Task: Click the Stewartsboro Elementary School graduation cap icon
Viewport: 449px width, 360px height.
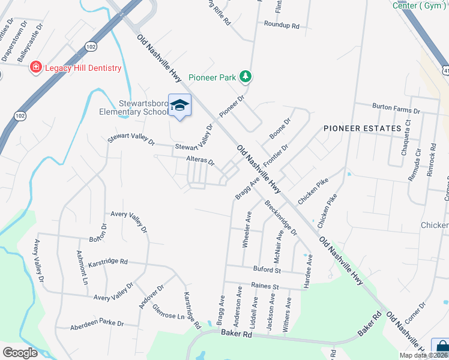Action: [x=179, y=106]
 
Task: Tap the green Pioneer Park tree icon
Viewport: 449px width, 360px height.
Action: [x=245, y=77]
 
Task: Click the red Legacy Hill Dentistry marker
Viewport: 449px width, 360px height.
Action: [x=36, y=67]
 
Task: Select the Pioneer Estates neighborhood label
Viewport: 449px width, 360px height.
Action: [x=362, y=128]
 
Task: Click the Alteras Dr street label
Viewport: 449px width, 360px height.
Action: [x=200, y=161]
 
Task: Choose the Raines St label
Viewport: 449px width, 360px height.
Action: [x=265, y=287]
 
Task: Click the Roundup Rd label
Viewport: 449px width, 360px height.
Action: [x=282, y=25]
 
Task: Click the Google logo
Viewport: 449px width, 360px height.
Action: [x=20, y=353]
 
